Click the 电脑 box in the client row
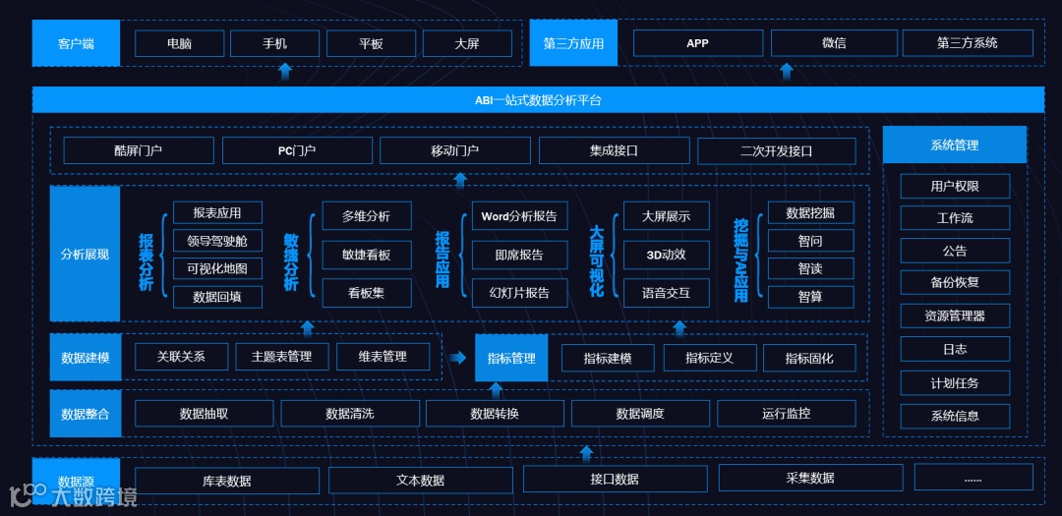click(179, 43)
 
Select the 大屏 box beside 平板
click(467, 43)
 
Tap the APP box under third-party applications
click(697, 43)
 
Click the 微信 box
click(834, 43)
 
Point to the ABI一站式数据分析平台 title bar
click(538, 99)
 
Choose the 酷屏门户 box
click(139, 150)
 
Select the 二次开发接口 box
click(776, 150)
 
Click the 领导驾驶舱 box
click(217, 241)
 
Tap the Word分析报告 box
click(519, 216)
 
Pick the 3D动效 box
click(666, 255)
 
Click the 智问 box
click(810, 241)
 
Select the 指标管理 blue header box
click(511, 358)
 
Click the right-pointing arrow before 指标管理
click(458, 358)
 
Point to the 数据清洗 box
click(350, 414)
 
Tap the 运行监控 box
click(786, 414)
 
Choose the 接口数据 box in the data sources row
click(615, 479)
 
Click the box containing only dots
click(973, 478)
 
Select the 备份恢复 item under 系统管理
click(955, 282)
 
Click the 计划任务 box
click(955, 382)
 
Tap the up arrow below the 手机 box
click(285, 71)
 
